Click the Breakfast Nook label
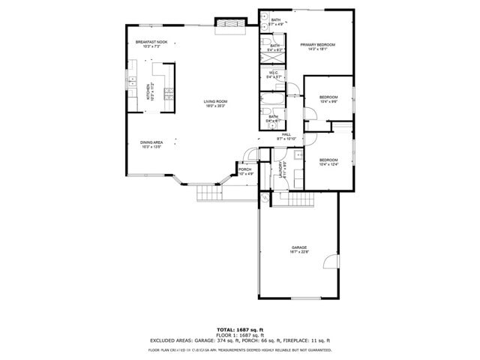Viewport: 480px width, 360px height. point(151,44)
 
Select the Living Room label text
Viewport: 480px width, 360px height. point(215,103)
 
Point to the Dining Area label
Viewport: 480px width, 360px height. point(152,144)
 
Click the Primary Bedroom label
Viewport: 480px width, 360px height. point(317,47)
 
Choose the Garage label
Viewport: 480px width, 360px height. point(299,249)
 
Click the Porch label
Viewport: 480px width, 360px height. point(245,172)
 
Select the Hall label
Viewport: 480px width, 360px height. point(286,136)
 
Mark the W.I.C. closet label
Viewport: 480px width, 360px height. point(274,74)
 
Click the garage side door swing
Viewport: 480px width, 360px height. point(328,262)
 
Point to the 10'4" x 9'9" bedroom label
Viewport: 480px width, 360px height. point(328,99)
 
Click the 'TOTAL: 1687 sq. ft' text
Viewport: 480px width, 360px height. point(239,329)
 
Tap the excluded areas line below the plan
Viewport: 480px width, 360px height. point(239,340)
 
